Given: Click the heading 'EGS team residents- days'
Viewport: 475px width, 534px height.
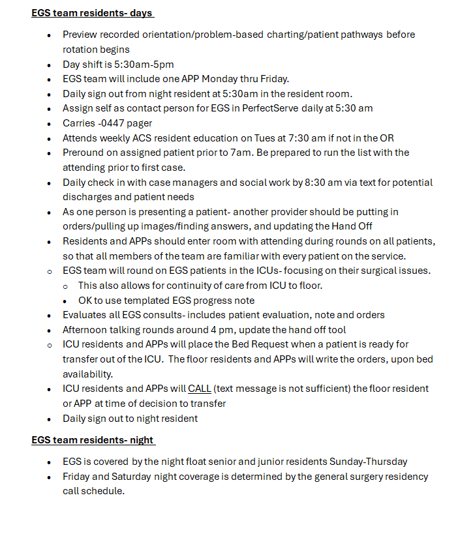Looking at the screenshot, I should click(93, 13).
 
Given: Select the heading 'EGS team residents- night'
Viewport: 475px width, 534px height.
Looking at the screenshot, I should click(93, 440).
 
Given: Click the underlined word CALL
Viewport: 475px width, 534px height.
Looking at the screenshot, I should click(200, 389).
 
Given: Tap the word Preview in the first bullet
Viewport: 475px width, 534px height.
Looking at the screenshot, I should click(82, 35).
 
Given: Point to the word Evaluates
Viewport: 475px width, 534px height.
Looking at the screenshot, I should click(86, 314).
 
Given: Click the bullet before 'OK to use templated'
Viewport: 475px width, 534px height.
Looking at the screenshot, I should click(67, 300).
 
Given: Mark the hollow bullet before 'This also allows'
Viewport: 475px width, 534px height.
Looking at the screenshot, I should click(65, 286).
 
